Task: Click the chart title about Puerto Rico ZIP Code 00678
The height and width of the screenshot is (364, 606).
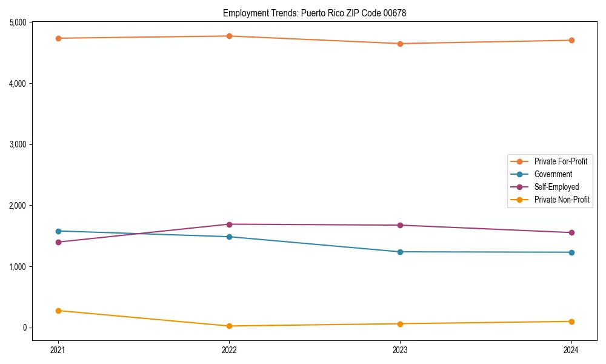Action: coord(315,13)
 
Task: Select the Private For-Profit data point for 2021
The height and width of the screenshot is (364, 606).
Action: coord(58,38)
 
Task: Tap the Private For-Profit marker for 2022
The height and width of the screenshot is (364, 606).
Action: coord(229,36)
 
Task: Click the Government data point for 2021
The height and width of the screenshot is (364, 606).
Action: coord(58,231)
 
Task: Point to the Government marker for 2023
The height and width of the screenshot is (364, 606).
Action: coord(400,252)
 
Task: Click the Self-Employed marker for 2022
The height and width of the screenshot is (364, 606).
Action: coord(229,224)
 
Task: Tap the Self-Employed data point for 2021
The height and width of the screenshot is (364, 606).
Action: coord(58,242)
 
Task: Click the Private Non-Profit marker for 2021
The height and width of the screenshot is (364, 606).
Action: coord(58,311)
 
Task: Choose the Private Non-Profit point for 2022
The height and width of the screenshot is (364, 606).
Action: coord(229,326)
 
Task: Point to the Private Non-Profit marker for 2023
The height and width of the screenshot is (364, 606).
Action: coord(400,323)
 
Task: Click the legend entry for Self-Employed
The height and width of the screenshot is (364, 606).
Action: coord(556,187)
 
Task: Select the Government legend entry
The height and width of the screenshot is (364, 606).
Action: coord(553,174)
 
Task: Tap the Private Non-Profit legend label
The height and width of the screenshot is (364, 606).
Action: coord(562,200)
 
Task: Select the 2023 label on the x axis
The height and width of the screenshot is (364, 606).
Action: coord(400,350)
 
